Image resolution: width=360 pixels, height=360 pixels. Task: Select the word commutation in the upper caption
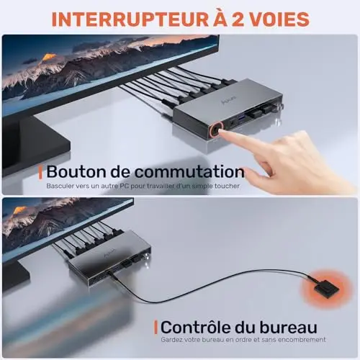tap(189, 172)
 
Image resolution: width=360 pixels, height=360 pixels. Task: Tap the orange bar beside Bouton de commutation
tap(40, 173)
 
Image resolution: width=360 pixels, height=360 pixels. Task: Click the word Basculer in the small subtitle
tap(60, 186)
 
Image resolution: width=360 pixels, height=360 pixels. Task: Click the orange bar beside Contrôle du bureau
tap(156, 328)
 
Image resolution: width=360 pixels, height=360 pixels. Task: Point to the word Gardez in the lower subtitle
tap(170, 340)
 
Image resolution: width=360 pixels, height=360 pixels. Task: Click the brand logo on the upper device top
tap(228, 99)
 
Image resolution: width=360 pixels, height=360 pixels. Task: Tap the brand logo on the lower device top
tap(110, 252)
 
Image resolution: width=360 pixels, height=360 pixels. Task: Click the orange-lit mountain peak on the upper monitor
tap(49, 58)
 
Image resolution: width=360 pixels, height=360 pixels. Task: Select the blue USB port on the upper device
tap(240, 117)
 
